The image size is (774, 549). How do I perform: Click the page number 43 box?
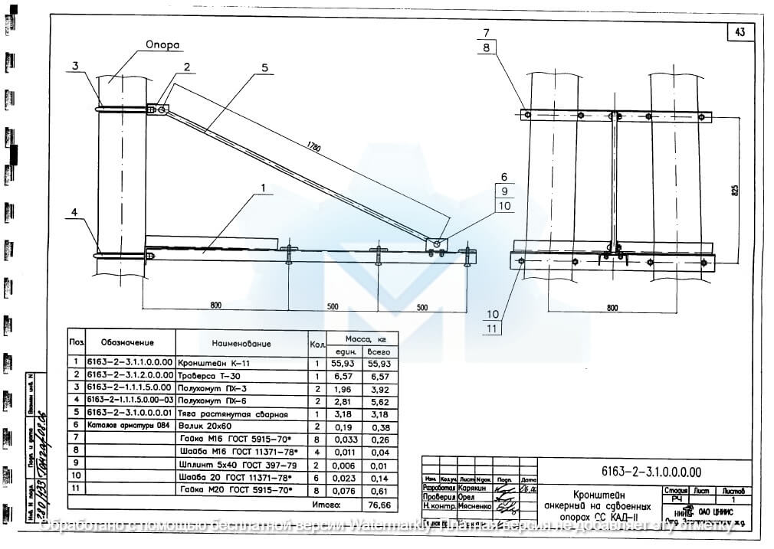739,32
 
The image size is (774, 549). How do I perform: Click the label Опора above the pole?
162,45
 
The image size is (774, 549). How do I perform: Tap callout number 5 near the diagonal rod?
264,67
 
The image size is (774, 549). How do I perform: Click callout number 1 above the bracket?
262,188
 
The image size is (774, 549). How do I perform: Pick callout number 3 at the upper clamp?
76,66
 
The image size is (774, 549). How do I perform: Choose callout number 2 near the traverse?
185,67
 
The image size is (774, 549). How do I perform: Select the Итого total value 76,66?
379,505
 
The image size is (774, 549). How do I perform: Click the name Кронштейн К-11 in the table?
214,364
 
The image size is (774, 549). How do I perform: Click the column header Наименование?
241,344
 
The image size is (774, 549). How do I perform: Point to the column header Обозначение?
127,342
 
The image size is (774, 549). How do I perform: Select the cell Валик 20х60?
202,426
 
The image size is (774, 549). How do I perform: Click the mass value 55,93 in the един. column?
342,364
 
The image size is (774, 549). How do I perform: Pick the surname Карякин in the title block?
475,487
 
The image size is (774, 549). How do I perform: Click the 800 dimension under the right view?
612,308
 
